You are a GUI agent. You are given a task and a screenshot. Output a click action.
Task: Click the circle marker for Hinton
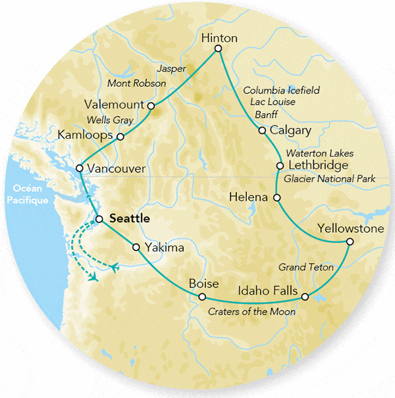point(219,48)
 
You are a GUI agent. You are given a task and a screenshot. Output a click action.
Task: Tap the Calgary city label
point(290,130)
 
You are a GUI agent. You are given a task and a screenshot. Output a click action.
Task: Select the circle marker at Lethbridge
point(280,166)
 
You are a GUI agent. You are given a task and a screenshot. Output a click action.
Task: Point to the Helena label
point(249,197)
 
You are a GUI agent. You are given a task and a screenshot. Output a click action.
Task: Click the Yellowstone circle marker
point(350,242)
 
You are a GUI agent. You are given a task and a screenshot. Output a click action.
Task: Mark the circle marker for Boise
point(202,297)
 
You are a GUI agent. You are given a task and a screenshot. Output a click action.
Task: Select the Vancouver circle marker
point(79,168)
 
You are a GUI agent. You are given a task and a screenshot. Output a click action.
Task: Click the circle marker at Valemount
point(151,105)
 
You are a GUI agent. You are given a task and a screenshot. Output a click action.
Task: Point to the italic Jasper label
point(171,68)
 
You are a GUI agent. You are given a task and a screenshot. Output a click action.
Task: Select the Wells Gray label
point(111,120)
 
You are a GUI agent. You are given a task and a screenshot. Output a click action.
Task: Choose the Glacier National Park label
point(330,179)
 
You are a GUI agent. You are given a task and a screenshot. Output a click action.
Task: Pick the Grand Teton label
point(305,268)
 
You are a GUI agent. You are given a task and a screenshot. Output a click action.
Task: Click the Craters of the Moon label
point(251,311)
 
